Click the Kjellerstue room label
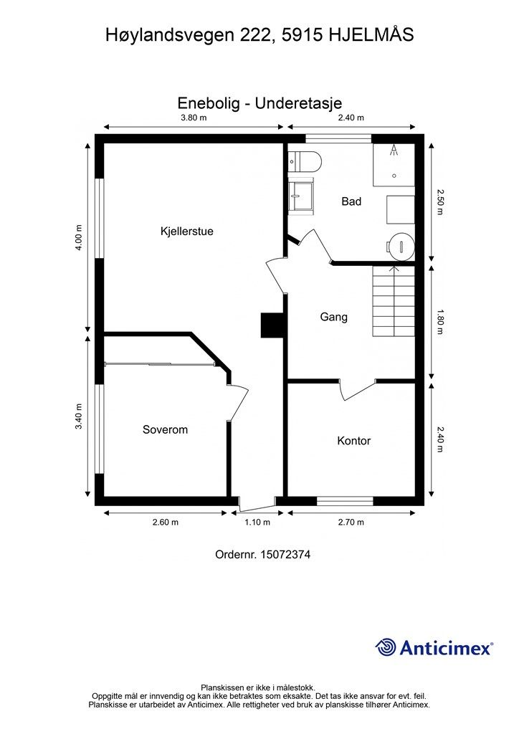[x=186, y=232]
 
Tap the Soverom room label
[x=165, y=430]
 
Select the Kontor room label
[x=354, y=441]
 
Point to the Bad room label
[x=351, y=201]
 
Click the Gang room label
[x=333, y=318]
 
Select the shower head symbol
[x=394, y=150]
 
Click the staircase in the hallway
[x=394, y=300]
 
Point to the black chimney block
[x=272, y=325]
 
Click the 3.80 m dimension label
[x=194, y=118]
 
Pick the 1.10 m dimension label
[x=257, y=522]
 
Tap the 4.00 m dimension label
[x=79, y=238]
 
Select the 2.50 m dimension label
[x=440, y=201]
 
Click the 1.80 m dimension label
[x=440, y=322]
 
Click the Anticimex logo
[x=434, y=647]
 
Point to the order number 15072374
[x=285, y=555]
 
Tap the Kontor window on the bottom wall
[x=345, y=501]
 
